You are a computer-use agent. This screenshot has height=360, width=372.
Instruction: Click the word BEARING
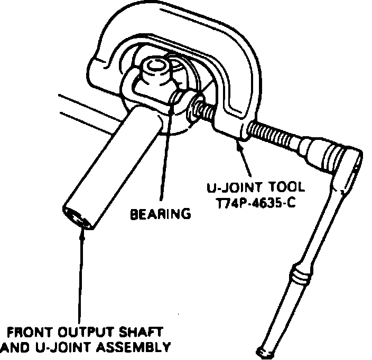(x=161, y=214)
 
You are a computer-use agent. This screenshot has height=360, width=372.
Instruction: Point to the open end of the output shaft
(x=76, y=217)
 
